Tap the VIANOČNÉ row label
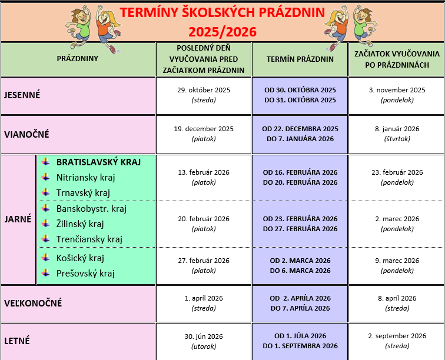click(26, 134)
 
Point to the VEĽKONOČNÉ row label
click(32, 304)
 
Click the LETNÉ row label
click(16, 341)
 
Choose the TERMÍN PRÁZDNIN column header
click(300, 59)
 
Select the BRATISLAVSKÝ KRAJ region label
click(98, 162)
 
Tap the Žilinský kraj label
click(80, 224)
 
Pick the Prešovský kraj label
click(85, 273)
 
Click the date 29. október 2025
click(203, 90)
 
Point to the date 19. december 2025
click(203, 129)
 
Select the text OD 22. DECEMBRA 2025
click(300, 129)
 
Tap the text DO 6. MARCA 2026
click(300, 271)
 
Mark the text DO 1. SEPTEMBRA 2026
click(300, 346)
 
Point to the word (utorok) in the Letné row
click(203, 346)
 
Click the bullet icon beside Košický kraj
click(45, 258)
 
